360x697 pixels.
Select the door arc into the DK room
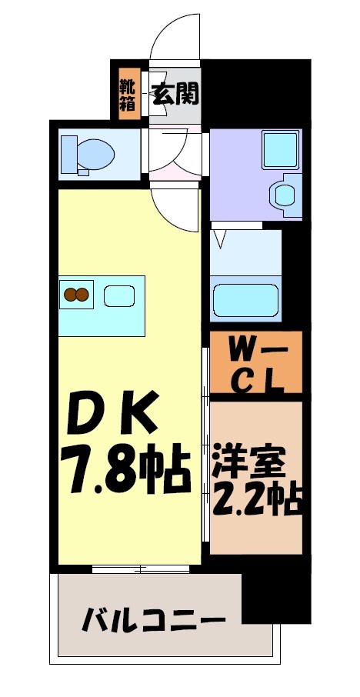175,208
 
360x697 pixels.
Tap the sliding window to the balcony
140,569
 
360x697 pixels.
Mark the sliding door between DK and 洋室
205,454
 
